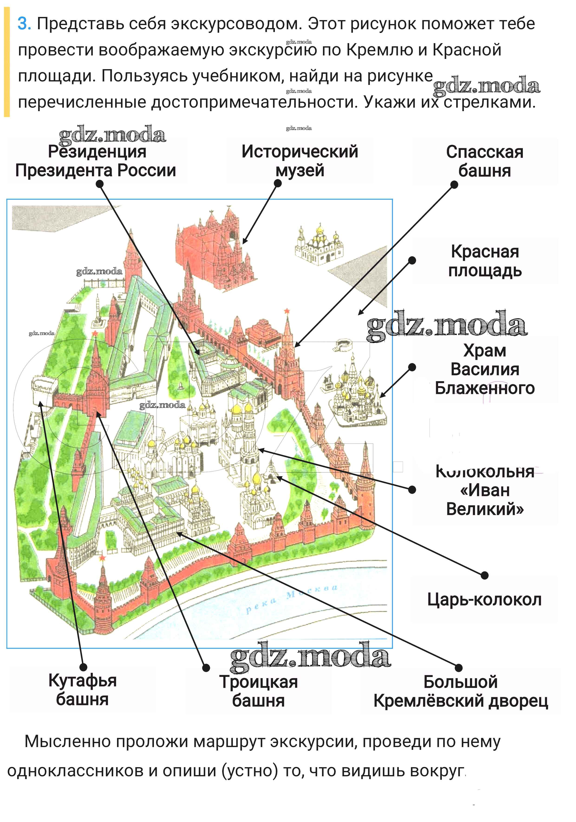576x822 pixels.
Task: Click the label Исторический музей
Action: click(x=299, y=161)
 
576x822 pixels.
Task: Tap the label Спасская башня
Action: click(x=485, y=161)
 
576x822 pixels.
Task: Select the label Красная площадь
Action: click(x=485, y=261)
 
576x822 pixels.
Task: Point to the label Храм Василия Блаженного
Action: click(x=485, y=369)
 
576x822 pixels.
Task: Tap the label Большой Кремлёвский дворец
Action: click(x=461, y=691)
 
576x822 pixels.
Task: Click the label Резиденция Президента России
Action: click(x=96, y=161)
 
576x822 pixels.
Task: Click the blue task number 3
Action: click(x=24, y=24)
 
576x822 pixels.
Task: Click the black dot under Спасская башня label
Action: click(x=454, y=185)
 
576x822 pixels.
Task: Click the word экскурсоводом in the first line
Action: click(x=234, y=24)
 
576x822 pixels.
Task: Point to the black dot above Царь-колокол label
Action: click(x=485, y=575)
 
